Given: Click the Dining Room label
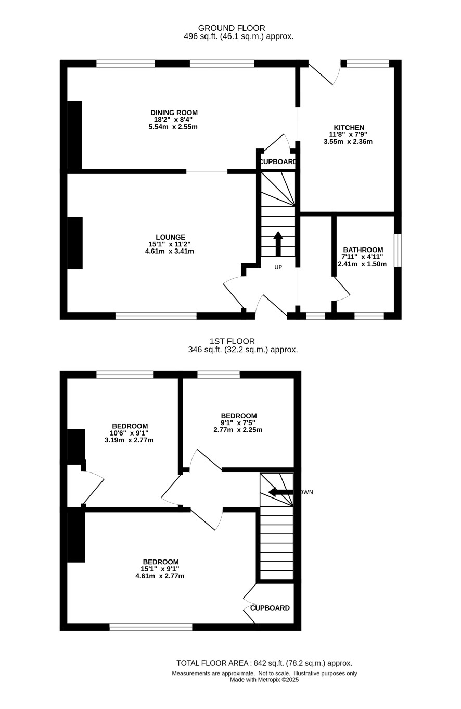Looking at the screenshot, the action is point(174,113).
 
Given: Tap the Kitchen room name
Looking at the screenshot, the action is point(349,128).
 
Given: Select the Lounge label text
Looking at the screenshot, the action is point(171,237).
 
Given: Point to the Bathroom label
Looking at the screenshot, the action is point(363,250).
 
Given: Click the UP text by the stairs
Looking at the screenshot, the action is point(278,267).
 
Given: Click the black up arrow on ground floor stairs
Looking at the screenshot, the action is point(278,244).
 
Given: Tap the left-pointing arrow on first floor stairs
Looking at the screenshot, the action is point(280,492).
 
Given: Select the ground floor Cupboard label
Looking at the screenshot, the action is point(278,161).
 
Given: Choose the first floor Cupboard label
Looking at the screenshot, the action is point(270,608).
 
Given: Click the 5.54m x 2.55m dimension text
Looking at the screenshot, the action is point(173,127).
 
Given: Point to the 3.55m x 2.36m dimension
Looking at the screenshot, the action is point(348,142).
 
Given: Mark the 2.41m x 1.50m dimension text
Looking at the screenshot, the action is point(362,264).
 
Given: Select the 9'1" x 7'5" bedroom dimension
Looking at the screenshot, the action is point(238,422).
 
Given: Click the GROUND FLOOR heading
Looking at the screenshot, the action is point(232,28).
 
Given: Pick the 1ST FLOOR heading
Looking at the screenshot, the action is point(232,341).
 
